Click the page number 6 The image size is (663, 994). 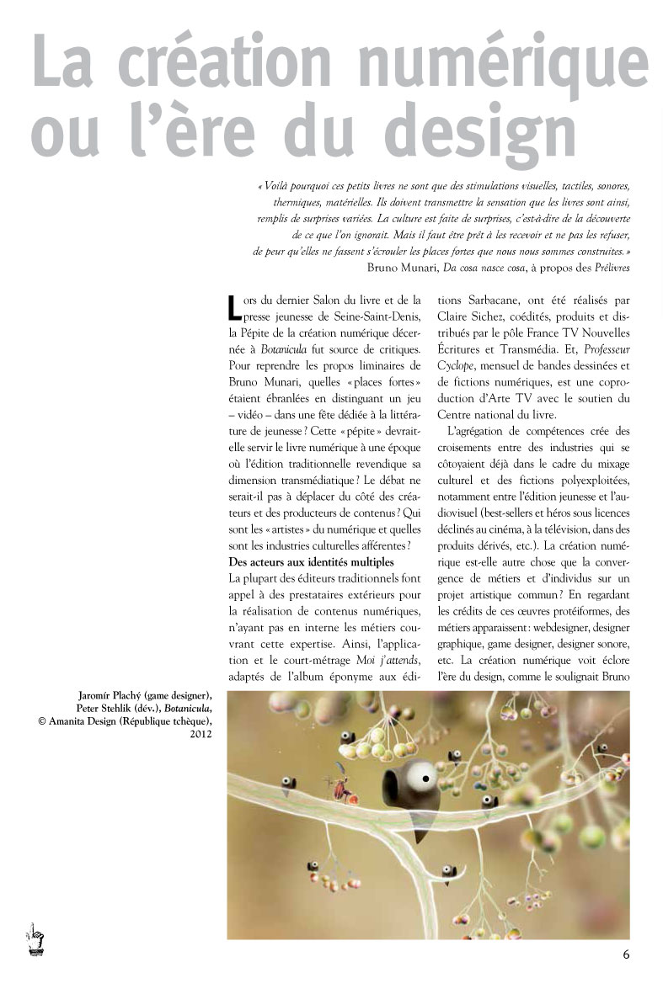pos(626,954)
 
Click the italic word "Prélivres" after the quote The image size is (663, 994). pos(608,268)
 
